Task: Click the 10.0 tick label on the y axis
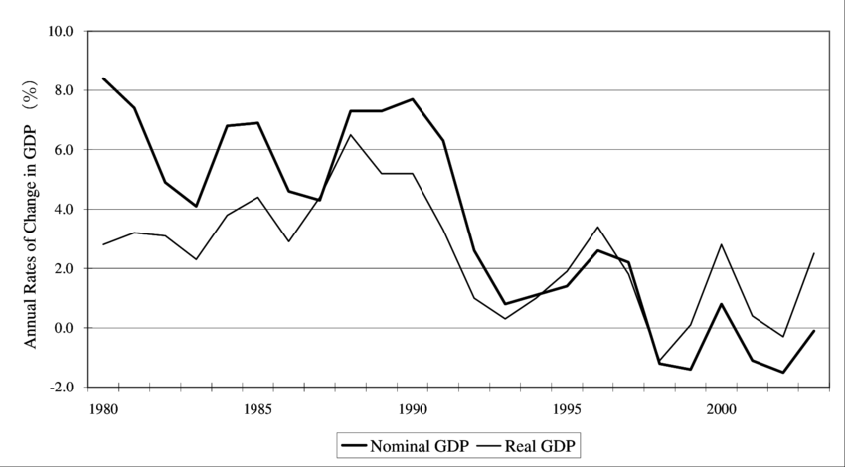tap(61, 31)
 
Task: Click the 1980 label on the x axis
tap(102, 407)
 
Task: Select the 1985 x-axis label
tap(257, 407)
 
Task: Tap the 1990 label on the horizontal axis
tap(412, 407)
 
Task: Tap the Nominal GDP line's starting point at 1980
tap(103, 78)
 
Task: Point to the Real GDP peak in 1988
tap(350, 135)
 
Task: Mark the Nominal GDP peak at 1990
tap(412, 99)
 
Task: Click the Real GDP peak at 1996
tap(596, 227)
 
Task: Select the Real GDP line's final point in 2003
tap(813, 253)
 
